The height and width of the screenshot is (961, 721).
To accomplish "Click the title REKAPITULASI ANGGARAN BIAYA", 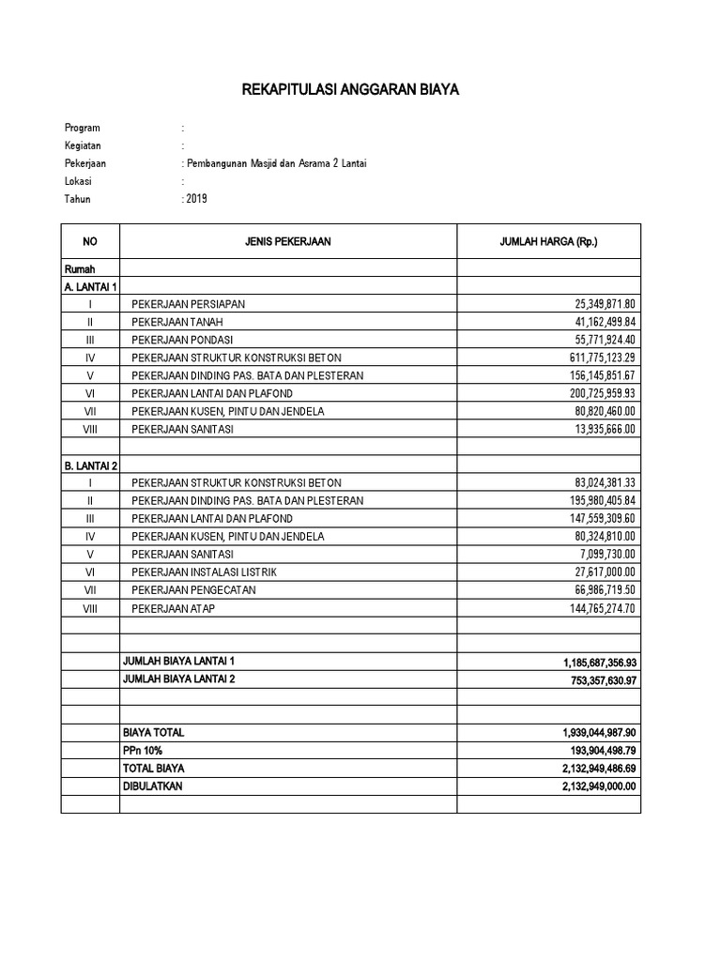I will tap(351, 90).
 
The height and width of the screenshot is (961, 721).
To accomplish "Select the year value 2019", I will tap(196, 199).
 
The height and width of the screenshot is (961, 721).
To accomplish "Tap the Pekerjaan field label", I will tap(85, 163).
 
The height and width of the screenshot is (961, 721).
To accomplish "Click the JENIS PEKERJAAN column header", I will tap(288, 242).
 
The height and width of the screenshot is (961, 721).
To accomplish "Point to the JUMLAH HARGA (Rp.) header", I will tap(548, 242).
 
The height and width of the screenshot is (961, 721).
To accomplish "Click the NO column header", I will tap(90, 242).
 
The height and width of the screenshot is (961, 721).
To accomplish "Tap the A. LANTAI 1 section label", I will tap(90, 287).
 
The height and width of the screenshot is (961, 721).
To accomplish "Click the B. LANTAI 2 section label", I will tap(90, 465).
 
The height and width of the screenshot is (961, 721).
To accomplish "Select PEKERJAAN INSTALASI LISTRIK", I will tap(205, 572).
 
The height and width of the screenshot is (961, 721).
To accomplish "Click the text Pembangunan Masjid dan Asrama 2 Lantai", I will tap(276, 163).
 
